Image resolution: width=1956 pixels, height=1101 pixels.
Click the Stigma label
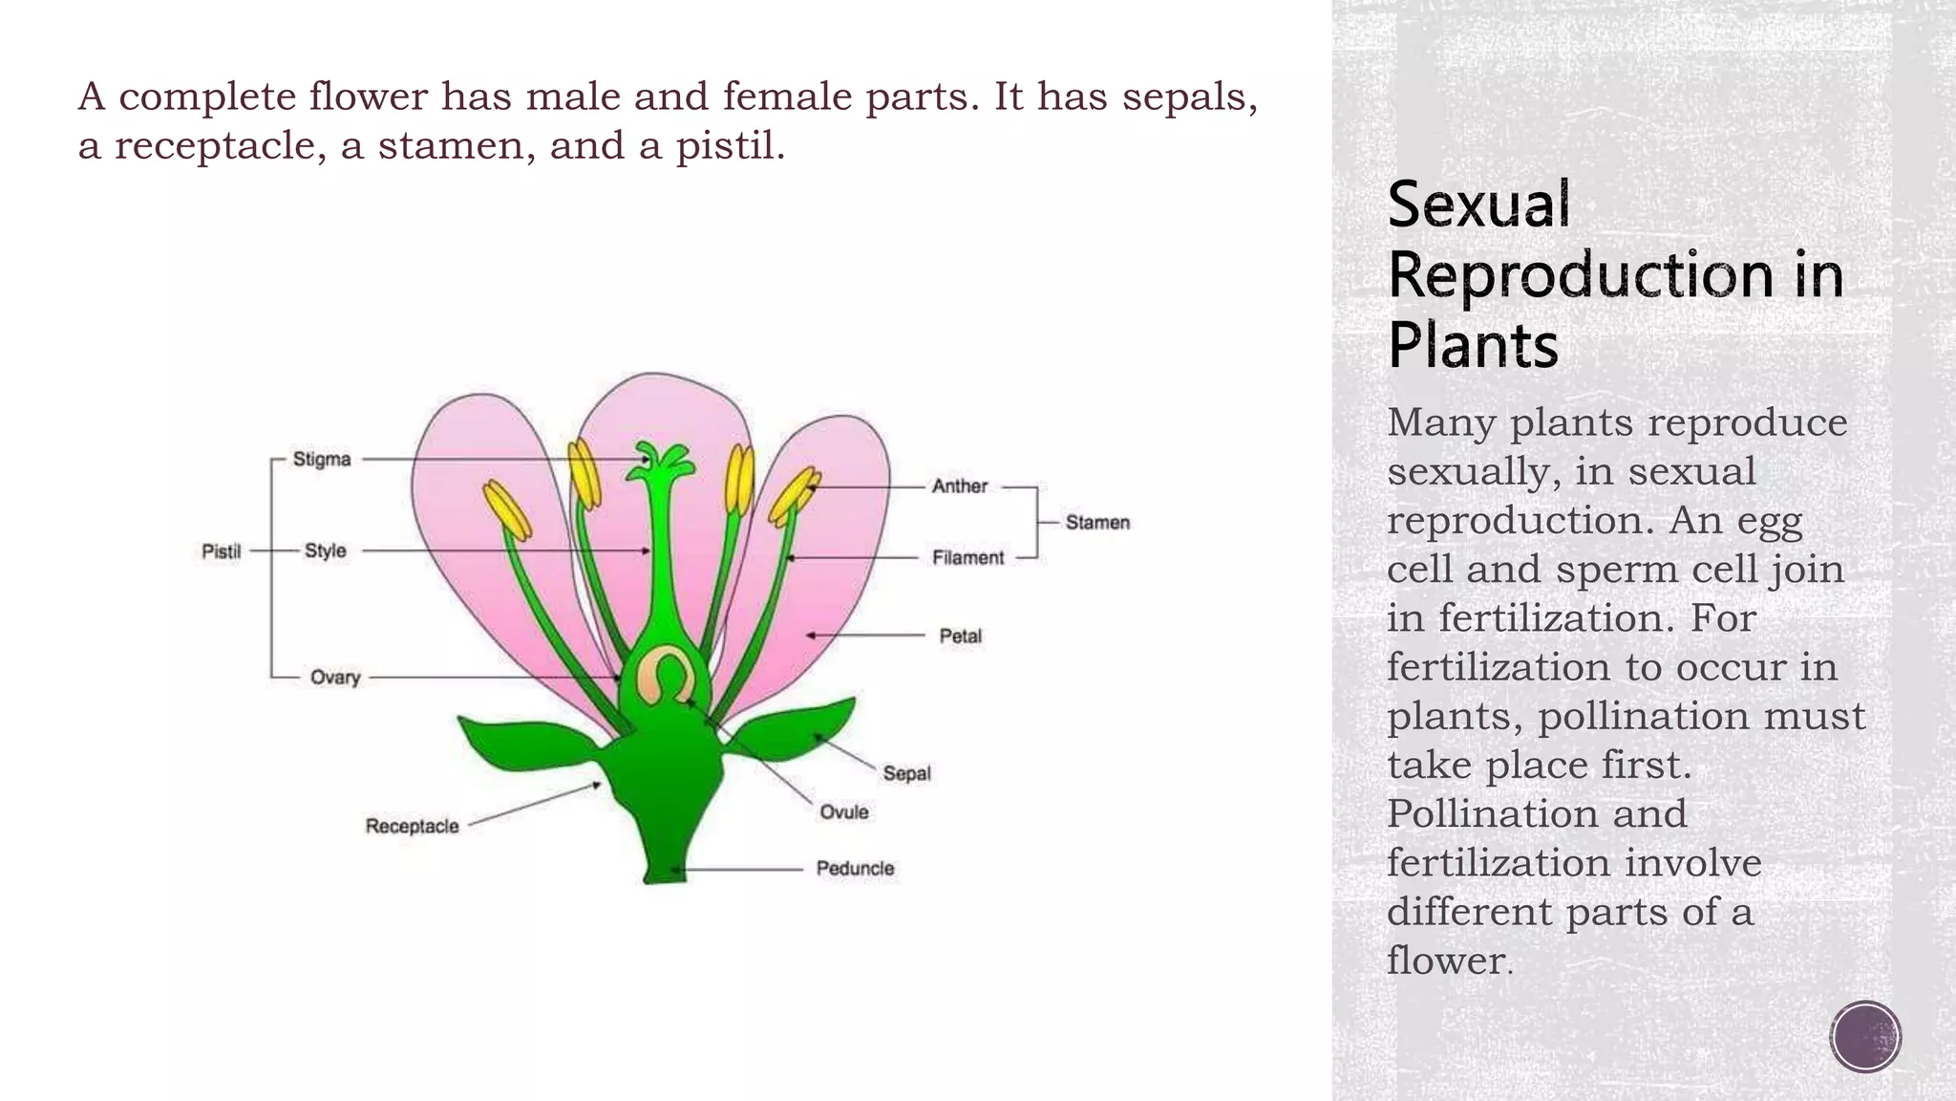(321, 460)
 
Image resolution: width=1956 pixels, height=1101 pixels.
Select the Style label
(325, 551)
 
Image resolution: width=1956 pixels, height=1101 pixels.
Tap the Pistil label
(221, 551)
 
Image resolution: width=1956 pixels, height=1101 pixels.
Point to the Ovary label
(334, 678)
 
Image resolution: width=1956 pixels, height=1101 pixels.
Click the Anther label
(959, 486)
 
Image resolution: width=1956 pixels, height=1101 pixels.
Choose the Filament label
(967, 558)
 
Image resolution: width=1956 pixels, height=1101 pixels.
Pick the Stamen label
(1097, 523)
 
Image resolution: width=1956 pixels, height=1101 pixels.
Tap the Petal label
(960, 637)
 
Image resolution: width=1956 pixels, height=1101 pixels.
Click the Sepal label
(905, 773)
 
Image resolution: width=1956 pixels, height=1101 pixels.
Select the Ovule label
(844, 812)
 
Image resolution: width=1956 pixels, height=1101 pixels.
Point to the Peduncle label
(855, 869)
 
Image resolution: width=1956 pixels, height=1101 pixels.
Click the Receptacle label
(412, 826)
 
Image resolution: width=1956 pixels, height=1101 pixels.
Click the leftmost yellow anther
(506, 509)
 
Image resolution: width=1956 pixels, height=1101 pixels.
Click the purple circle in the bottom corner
(1865, 1037)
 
